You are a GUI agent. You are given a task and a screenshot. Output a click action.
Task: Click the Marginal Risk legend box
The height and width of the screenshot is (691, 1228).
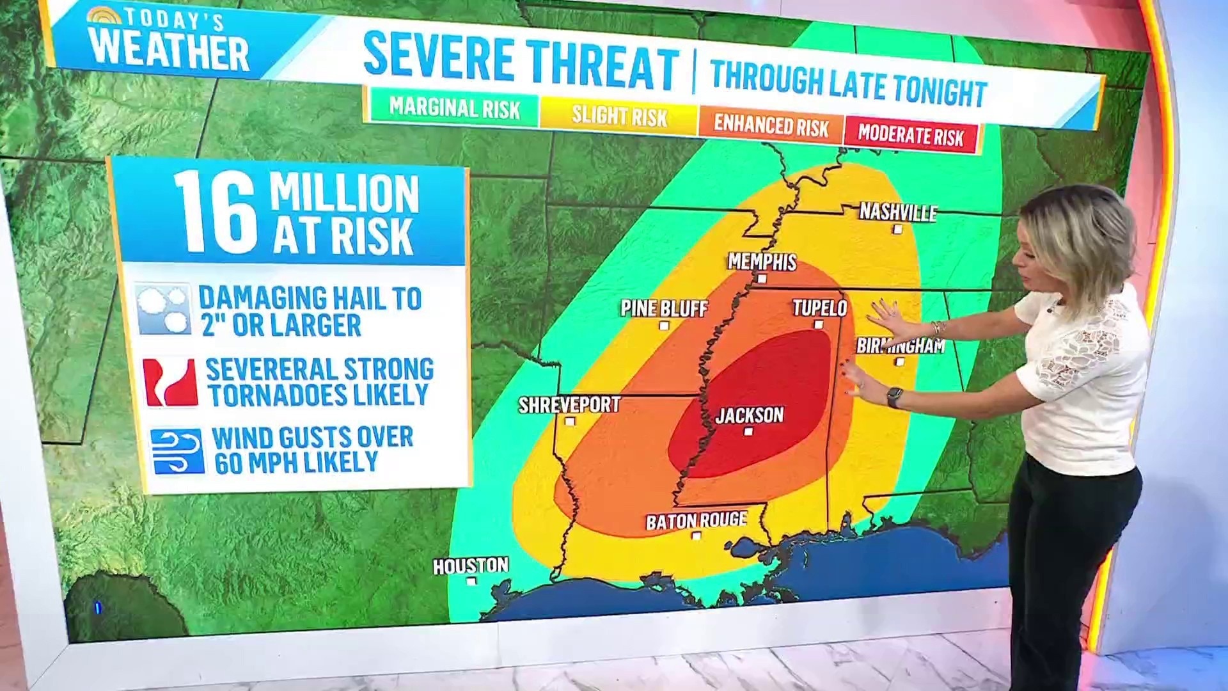454,107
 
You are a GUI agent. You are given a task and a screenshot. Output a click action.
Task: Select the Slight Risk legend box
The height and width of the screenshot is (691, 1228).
619,116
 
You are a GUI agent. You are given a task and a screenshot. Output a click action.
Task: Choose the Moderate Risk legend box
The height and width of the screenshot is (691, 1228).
911,135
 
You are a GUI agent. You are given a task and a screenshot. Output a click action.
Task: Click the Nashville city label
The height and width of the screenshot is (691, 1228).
898,212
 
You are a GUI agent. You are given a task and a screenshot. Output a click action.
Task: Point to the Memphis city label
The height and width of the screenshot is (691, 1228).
762,262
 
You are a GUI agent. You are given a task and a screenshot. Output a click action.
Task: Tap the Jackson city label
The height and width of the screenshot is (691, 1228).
750,415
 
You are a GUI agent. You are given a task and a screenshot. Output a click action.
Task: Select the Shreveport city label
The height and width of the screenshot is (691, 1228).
569,405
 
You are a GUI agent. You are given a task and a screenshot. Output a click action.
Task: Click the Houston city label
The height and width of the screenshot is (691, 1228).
471,566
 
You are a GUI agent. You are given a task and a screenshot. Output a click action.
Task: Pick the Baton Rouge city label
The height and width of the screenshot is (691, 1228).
697,521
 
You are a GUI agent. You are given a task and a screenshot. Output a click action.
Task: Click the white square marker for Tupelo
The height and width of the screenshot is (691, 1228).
819,325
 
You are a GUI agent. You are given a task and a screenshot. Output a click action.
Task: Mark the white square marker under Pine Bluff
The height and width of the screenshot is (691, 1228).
664,326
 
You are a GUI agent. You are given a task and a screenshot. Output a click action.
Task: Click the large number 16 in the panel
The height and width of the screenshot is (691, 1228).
216,212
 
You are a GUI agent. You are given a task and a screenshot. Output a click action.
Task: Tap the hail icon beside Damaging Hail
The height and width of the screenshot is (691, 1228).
163,310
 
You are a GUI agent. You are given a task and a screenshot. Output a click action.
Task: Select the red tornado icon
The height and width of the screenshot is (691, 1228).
169,382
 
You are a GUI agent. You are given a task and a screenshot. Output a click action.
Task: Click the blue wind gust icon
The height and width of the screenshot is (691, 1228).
177,451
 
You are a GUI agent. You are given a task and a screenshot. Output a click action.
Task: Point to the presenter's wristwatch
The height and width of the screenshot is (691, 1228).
895,397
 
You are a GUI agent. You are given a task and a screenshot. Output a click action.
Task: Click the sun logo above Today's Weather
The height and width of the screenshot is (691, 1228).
104,16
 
